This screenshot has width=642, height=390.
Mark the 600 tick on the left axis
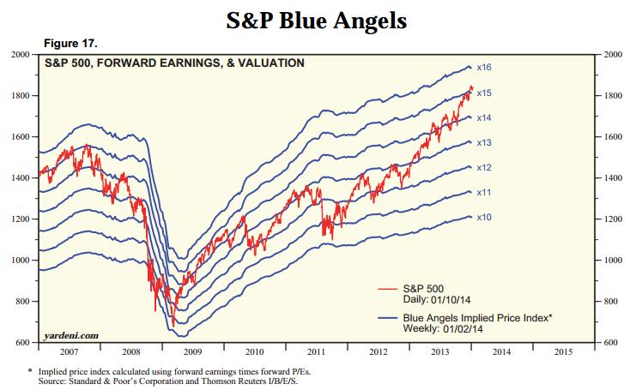tap(21, 343)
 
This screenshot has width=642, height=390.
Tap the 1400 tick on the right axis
tap(615, 178)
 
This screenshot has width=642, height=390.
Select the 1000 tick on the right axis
tap(615, 261)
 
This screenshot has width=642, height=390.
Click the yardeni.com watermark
tap(70, 335)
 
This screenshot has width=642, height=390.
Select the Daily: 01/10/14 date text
tap(433, 300)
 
